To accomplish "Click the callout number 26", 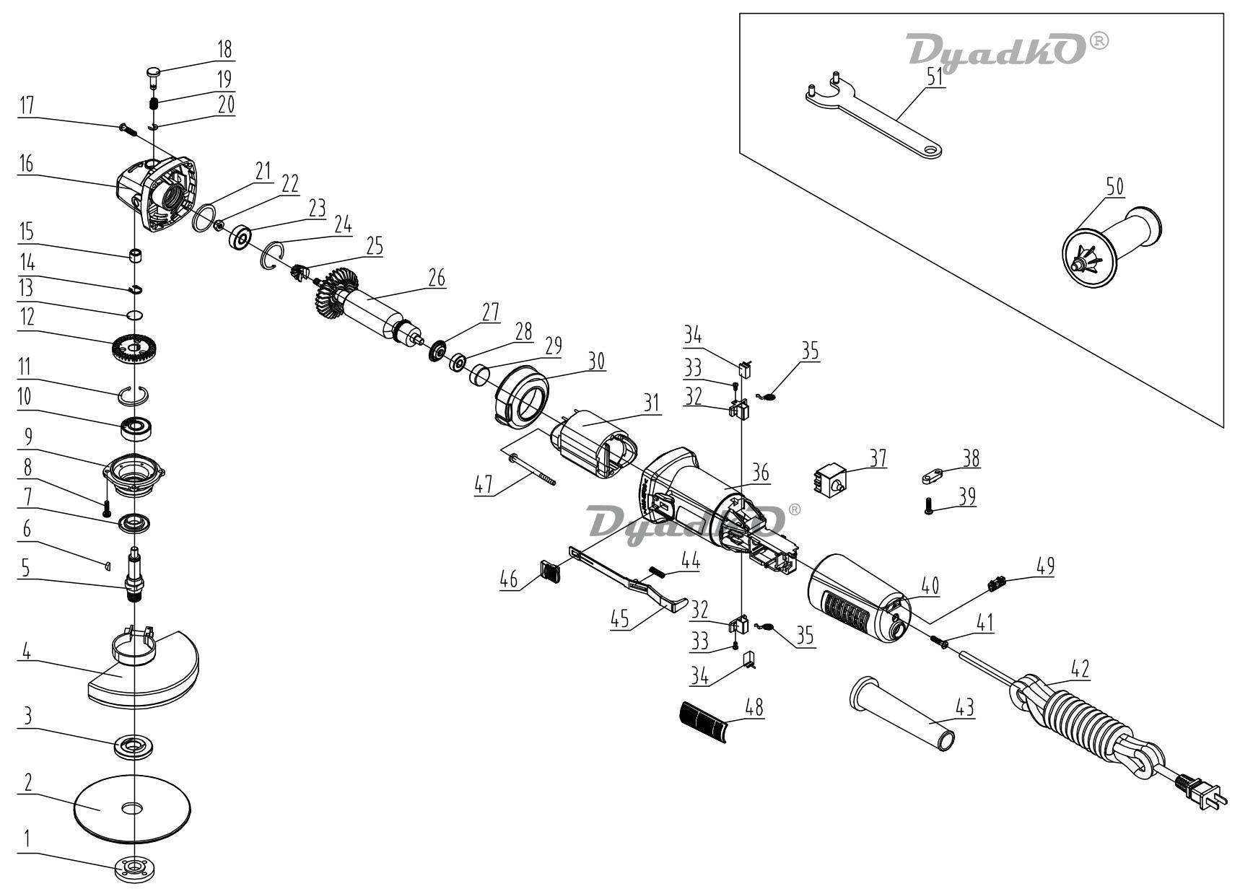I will coord(437,277).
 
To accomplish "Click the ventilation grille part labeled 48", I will coord(704,719).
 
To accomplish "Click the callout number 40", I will coord(930,584).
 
